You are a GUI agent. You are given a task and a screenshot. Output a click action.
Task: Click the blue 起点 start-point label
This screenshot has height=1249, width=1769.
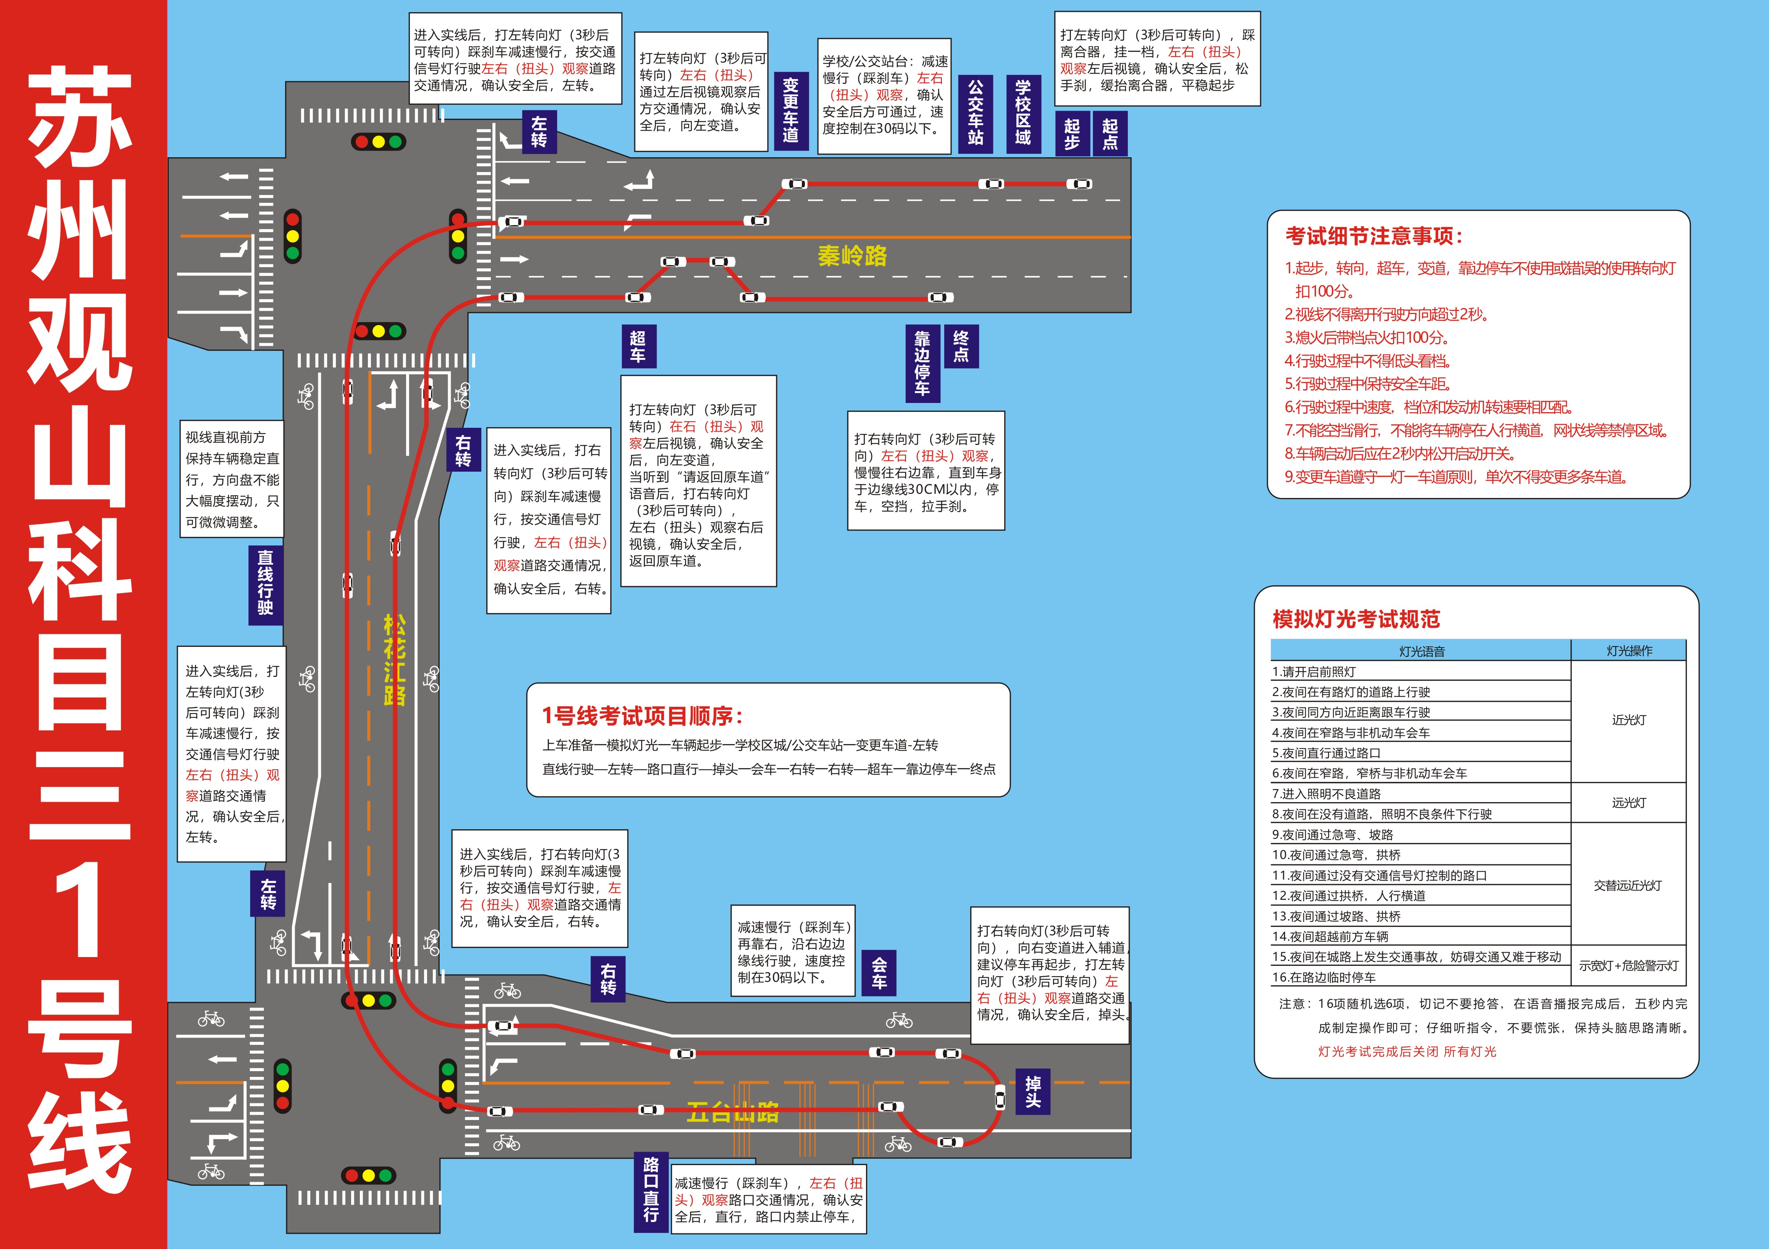click(x=1109, y=134)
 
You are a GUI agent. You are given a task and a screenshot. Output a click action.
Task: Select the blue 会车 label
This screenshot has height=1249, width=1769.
click(x=879, y=973)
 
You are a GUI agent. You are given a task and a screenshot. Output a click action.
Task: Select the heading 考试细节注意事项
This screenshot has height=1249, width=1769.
click(x=1374, y=236)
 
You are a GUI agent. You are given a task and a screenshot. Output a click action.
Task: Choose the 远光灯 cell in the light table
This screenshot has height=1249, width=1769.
click(x=1628, y=803)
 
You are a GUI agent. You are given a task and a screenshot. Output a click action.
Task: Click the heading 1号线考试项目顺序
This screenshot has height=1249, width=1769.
click(x=642, y=716)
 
